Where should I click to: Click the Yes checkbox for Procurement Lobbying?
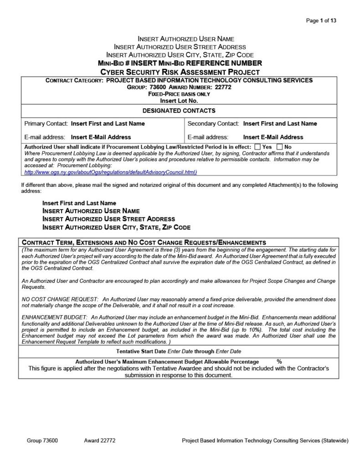pos(257,147)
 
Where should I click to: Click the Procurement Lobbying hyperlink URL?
pos(110,172)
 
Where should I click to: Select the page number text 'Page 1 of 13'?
pos(321,20)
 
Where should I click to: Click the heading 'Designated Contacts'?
pos(179,111)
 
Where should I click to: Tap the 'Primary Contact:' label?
pos(46,123)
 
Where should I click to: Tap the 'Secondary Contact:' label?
pos(213,123)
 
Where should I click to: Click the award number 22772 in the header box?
pos(223,87)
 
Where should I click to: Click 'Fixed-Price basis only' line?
pos(179,94)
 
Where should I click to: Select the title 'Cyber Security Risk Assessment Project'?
pos(180,72)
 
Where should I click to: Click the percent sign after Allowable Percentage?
pos(279,362)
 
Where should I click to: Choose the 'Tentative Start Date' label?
pos(141,351)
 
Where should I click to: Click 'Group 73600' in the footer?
pos(42,440)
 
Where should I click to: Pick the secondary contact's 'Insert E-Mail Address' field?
pos(273,137)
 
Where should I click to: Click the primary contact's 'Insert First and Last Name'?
pos(108,123)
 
